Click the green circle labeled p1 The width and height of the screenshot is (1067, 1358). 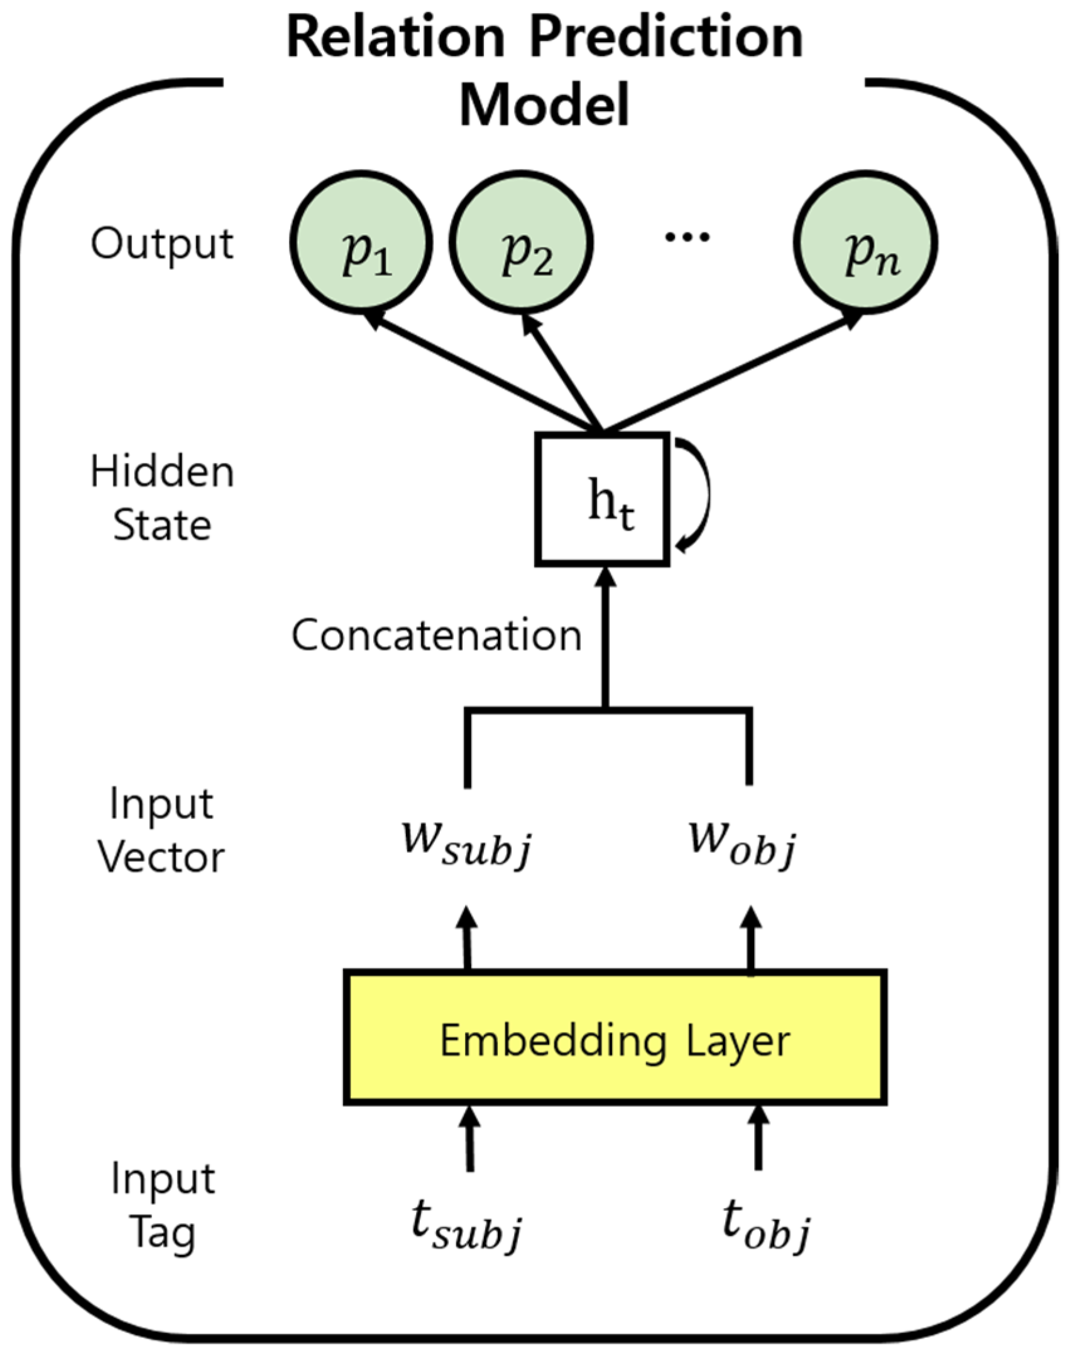pos(361,242)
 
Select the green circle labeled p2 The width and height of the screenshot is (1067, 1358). pos(522,242)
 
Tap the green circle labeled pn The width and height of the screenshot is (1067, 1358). pos(865,242)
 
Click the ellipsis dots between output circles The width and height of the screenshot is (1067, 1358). pos(687,237)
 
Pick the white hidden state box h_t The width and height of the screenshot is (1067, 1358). pos(602,499)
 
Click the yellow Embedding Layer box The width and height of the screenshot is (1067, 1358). pos(615,1041)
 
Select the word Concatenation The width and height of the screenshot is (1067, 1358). pos(437,635)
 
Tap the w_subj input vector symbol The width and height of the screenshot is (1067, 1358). pos(467,845)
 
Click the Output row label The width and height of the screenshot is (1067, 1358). pos(162,244)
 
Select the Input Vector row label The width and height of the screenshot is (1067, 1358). pos(161,830)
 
